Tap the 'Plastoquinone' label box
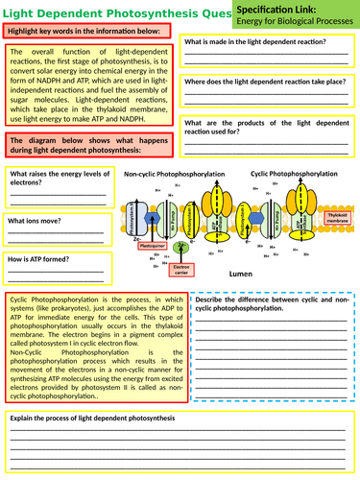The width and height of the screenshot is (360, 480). tap(154, 246)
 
